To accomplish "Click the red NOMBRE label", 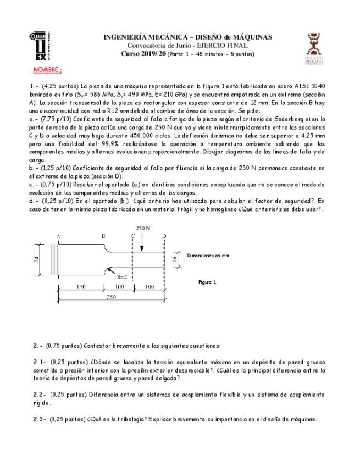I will click(48, 71).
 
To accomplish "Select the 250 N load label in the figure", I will click(142, 227).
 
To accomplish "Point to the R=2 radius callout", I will click(122, 277).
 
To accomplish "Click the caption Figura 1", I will click(207, 281).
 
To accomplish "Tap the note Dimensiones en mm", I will click(208, 256).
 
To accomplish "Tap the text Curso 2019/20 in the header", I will click(142, 54).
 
